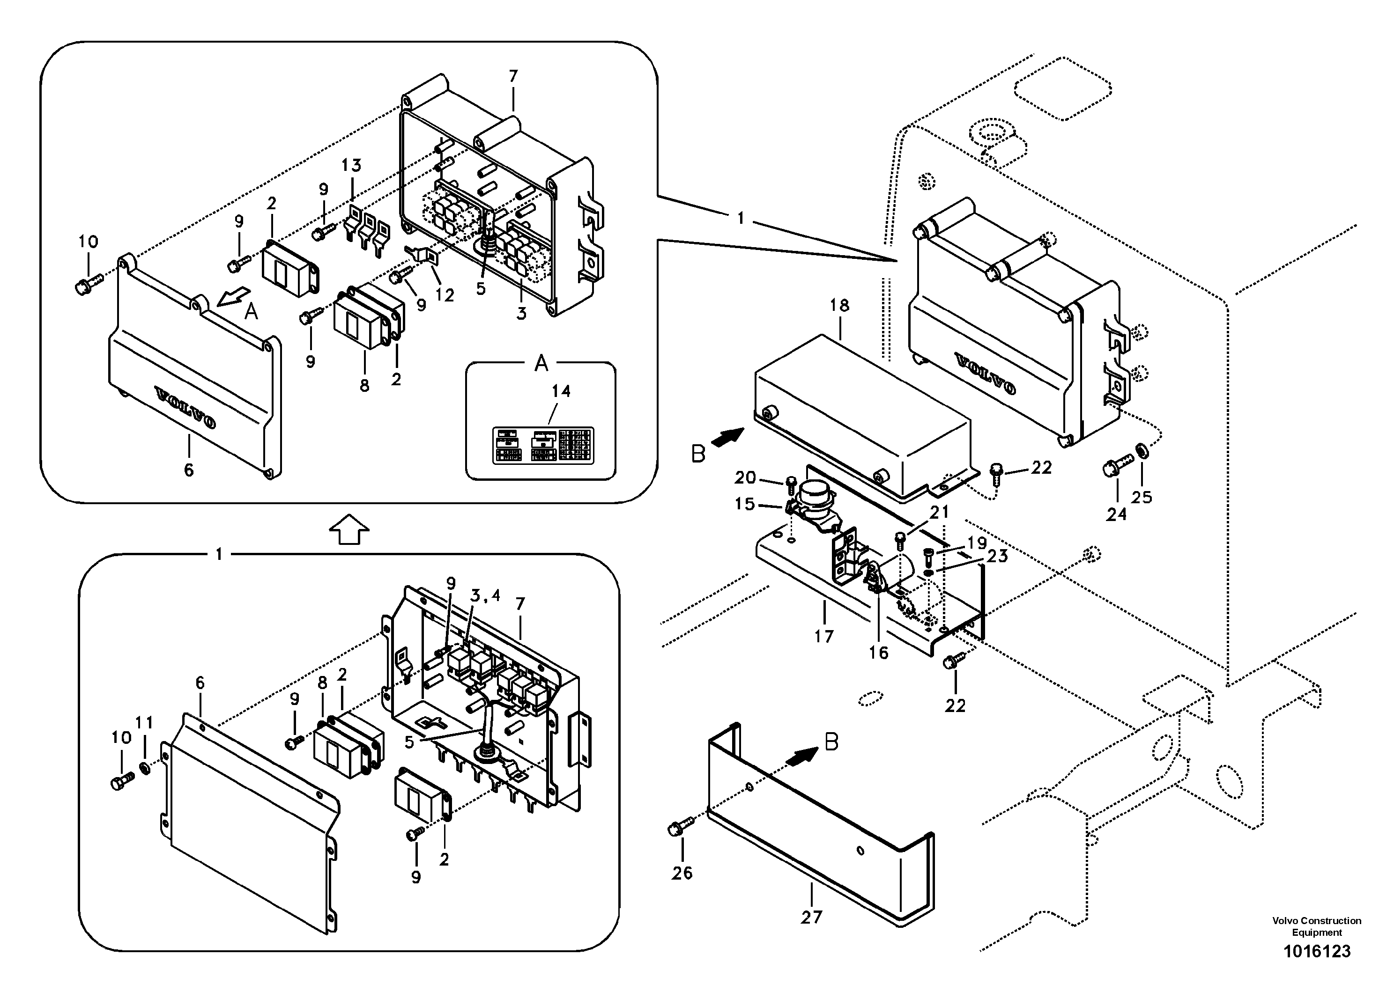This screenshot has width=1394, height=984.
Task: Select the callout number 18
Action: pos(840,306)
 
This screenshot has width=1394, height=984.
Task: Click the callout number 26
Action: pos(682,873)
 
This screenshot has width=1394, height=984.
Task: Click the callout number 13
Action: pos(351,165)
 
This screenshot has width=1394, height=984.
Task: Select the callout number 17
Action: pos(824,636)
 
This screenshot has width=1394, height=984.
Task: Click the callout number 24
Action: pos(1116,514)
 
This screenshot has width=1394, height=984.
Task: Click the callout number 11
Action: pos(144,722)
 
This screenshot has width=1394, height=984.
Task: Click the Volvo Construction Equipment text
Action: pos(1316,926)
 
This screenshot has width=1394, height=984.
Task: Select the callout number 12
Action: pos(445,295)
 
